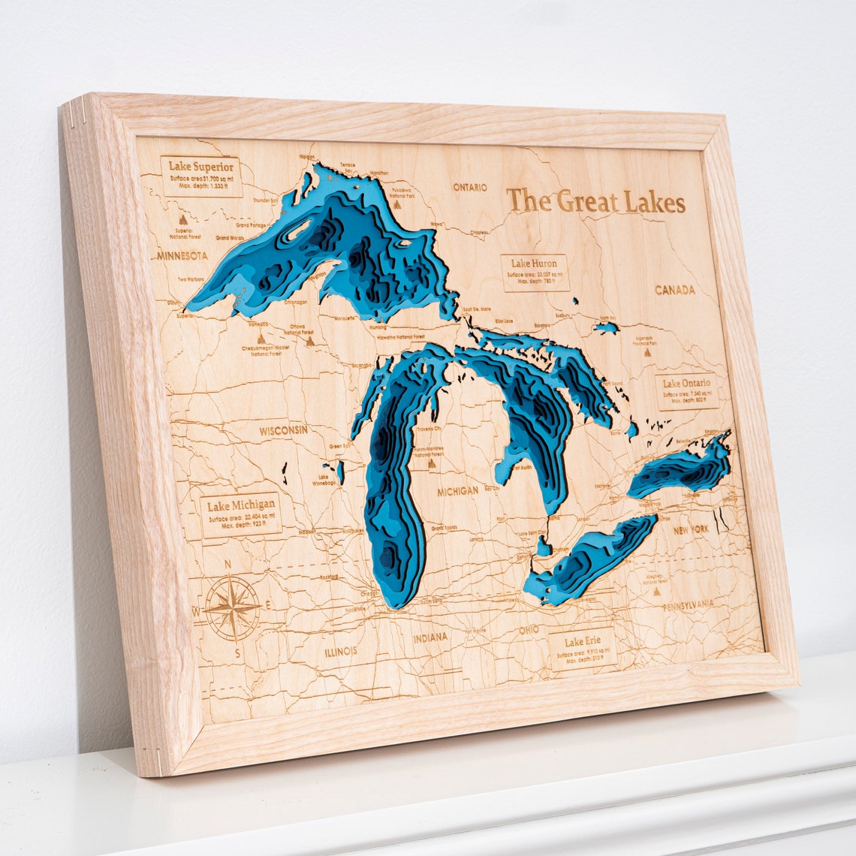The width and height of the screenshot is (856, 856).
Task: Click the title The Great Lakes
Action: pos(595,202)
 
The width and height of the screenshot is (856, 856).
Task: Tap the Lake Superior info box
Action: pos(201,176)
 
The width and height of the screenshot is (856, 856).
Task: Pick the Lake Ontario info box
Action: pos(686,392)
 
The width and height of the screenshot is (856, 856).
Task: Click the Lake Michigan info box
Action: pos(242,514)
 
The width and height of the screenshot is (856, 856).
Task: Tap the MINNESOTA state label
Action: pos(182,256)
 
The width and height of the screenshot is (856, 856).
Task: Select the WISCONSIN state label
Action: pos(283,430)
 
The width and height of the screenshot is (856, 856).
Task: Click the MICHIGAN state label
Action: pos(457,490)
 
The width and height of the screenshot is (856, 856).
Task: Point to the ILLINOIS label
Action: pos(341,651)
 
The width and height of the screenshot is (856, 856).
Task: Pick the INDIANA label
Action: pos(430,637)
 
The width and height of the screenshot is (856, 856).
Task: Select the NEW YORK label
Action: pos(691,529)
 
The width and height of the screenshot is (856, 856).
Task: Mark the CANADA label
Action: pos(674,290)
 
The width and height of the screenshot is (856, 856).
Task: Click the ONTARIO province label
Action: pos(469,187)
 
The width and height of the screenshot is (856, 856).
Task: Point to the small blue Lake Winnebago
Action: pos(339,472)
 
